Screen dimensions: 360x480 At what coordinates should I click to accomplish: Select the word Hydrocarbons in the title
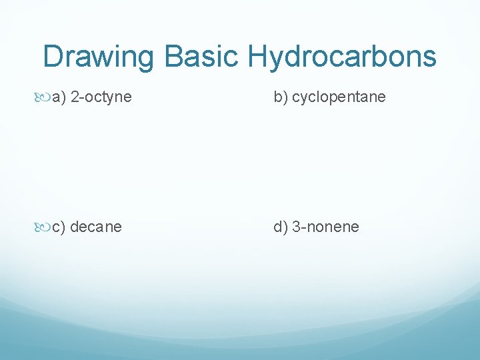[x=343, y=57]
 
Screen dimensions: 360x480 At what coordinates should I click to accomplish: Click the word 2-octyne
[x=101, y=97]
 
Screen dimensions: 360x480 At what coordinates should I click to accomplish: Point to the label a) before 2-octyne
[x=59, y=97]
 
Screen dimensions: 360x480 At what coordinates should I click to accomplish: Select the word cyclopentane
[x=339, y=97]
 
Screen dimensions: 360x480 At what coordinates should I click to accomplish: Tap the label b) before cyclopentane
[x=280, y=97]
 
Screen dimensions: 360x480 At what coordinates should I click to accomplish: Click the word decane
[x=96, y=227]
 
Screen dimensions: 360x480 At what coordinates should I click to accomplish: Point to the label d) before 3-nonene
[x=280, y=227]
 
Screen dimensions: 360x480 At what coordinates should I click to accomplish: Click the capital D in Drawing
[x=53, y=57]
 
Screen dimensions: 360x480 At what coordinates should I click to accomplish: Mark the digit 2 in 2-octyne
[x=74, y=97]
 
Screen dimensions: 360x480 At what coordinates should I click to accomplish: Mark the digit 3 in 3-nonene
[x=296, y=227]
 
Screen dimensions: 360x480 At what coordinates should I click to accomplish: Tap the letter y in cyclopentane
[x=305, y=99]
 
